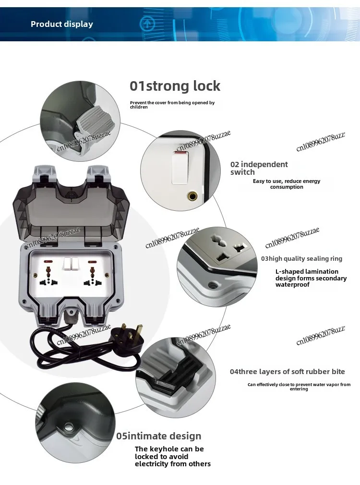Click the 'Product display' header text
[62, 24]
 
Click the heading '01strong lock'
[175, 86]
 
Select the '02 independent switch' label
[259, 168]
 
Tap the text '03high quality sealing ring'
[302, 258]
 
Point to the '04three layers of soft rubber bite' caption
[287, 371]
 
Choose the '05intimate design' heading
[159, 436]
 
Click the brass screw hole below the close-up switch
[193, 195]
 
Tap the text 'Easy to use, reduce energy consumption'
[287, 184]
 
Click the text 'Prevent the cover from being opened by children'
[172, 105]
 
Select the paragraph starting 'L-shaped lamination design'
[311, 278]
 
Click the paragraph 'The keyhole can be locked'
[173, 456]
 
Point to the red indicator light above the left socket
[48, 262]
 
